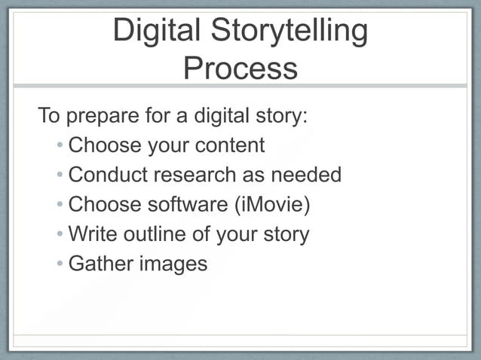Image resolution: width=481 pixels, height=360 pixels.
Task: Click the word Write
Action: [92, 233]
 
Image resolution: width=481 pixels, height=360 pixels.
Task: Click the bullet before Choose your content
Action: [60, 145]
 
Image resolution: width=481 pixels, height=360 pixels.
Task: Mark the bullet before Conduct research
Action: [60, 175]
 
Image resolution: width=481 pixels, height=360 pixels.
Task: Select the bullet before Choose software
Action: [60, 205]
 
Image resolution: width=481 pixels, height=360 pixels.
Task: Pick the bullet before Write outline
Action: [60, 234]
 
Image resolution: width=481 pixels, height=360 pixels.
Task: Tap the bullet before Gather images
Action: [60, 264]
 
